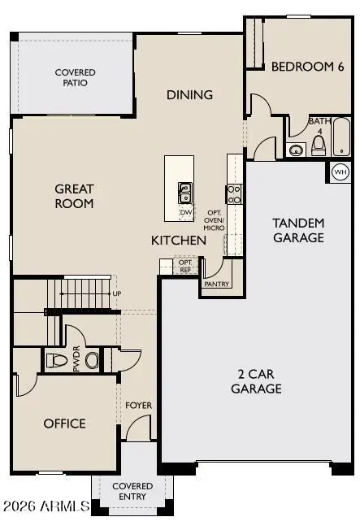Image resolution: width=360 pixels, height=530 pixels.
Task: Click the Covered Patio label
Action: tap(75, 77)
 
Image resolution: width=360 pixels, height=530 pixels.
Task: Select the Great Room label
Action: tap(74, 196)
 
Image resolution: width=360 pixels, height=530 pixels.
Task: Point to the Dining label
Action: tap(189, 94)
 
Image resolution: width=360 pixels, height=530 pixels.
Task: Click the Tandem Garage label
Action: tap(298, 230)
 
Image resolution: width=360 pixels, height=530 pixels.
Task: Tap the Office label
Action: tap(65, 424)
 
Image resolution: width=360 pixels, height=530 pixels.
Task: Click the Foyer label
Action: tap(138, 405)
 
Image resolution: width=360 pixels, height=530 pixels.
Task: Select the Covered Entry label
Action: tap(132, 490)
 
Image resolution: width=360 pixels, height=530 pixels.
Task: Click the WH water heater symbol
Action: tap(340, 172)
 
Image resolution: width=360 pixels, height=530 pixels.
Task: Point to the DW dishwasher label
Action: tap(185, 212)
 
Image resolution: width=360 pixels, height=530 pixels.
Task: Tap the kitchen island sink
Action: tap(185, 192)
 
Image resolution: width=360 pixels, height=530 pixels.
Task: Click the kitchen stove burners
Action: tap(234, 193)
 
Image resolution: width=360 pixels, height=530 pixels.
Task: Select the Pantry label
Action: tap(217, 284)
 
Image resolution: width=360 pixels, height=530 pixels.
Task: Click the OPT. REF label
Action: tap(184, 266)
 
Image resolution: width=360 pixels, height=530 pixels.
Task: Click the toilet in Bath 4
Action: tap(319, 146)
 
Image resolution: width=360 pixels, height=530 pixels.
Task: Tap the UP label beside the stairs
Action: tap(118, 293)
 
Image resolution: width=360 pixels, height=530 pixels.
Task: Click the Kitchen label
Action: tap(178, 241)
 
